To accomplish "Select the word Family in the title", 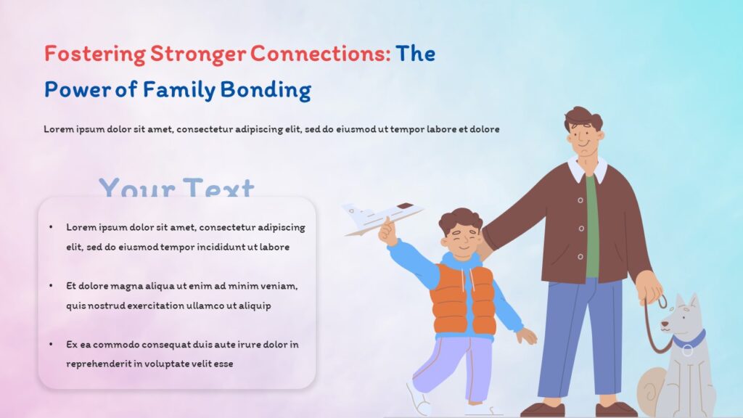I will pos(179,90).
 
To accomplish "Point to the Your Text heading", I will pos(176,188).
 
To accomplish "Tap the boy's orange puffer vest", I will pos(463,298).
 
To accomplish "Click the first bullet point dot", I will pos(51,227).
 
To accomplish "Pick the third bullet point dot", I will pos(51,344).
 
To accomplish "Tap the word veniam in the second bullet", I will pos(282,286).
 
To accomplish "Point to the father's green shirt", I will pos(592,225).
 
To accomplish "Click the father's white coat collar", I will pos(588,171).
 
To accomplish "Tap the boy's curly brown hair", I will pos(460,218).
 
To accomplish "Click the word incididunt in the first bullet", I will pos(210,247).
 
